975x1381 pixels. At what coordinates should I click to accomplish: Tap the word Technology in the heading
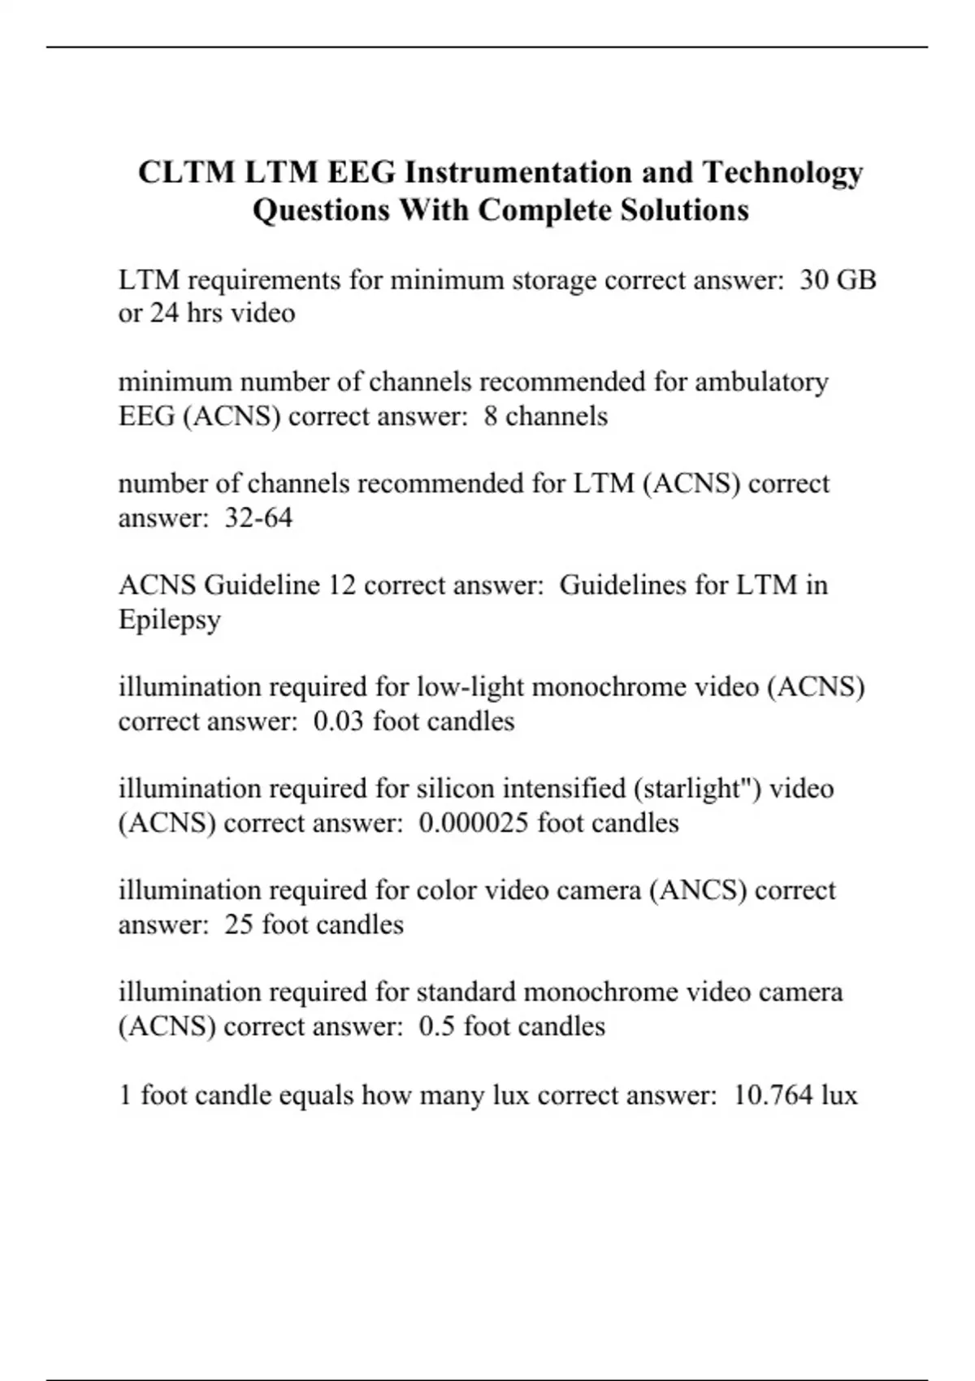click(782, 173)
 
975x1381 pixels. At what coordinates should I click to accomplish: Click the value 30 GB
click(838, 280)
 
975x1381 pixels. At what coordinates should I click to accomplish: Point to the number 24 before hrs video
click(163, 314)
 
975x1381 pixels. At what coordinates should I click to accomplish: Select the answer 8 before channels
click(491, 416)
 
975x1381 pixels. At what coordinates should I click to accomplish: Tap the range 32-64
click(258, 517)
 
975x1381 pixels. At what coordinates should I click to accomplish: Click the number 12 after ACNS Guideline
click(341, 585)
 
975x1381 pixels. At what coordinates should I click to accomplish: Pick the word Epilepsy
click(169, 620)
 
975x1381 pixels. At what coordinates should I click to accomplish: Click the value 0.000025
click(474, 823)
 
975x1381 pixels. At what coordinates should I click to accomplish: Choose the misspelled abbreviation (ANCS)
click(698, 890)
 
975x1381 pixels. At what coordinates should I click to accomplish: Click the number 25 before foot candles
click(239, 924)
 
